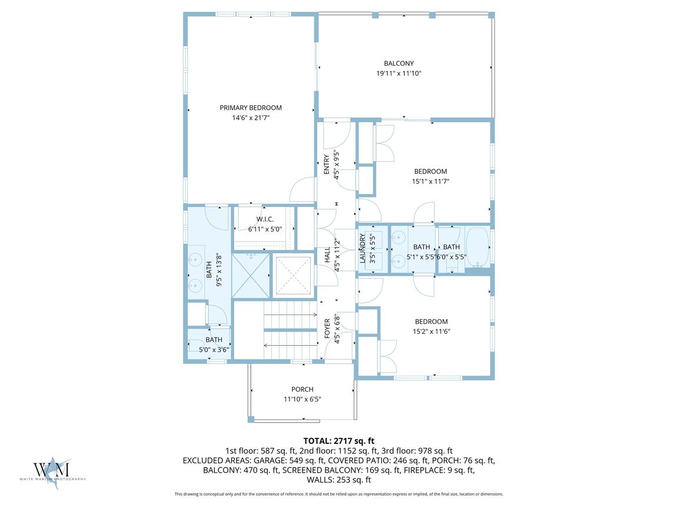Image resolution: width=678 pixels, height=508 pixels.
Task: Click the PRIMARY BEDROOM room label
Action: [x=251, y=108]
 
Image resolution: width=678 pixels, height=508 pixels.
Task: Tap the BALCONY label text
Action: [x=398, y=63]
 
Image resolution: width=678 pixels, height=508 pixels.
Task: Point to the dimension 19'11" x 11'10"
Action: [x=398, y=73]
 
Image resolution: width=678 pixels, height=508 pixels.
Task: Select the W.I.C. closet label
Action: [x=265, y=219]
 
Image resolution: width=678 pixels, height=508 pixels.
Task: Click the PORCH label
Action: [x=303, y=389]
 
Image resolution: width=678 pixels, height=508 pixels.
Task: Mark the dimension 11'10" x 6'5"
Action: [x=303, y=399]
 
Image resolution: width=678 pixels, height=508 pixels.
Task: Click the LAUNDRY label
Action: [x=363, y=248]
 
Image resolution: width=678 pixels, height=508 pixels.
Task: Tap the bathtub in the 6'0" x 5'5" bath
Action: [x=478, y=247]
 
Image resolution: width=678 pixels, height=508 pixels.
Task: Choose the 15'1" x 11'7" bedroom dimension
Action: [x=431, y=182]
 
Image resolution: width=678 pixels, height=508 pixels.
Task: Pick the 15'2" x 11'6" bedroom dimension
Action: [x=431, y=332]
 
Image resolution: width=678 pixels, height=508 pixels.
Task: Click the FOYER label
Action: [x=327, y=328]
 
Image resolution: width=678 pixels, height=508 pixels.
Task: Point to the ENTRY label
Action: [x=327, y=164]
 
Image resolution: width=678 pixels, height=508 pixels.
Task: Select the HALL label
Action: [x=327, y=255]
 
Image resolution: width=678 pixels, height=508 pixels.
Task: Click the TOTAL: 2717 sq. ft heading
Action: [x=339, y=441]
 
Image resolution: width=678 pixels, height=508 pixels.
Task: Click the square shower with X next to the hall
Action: [x=294, y=275]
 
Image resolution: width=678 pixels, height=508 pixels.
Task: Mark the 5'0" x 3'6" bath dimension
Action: [x=214, y=349]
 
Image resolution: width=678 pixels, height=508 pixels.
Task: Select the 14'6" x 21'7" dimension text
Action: [x=251, y=118]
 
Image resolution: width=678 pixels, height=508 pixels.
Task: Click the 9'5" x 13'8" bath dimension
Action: [x=219, y=270]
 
